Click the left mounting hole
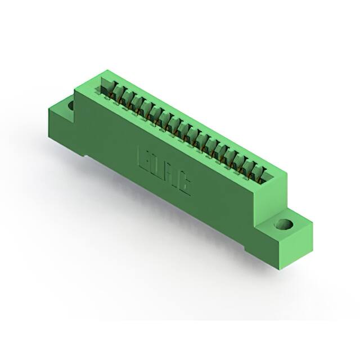(70, 105)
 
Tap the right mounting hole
(283, 226)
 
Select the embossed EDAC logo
(164, 171)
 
